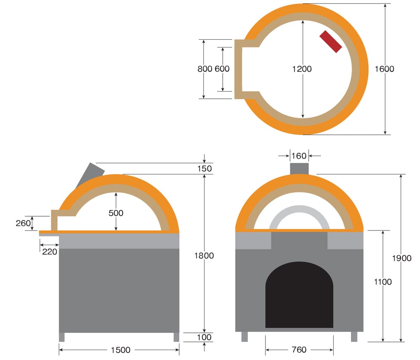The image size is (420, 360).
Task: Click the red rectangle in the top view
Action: click(x=331, y=41)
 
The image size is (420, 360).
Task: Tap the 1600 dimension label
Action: click(x=384, y=69)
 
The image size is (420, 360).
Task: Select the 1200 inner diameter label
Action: click(x=302, y=69)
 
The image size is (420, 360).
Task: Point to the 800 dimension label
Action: click(x=205, y=69)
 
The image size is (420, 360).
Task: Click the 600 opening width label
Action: click(x=222, y=69)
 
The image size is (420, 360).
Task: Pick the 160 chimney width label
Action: click(x=299, y=156)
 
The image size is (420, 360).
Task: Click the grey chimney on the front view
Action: click(x=299, y=169)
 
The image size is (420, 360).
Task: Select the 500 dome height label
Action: click(x=116, y=213)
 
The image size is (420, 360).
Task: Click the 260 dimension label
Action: click(x=23, y=223)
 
